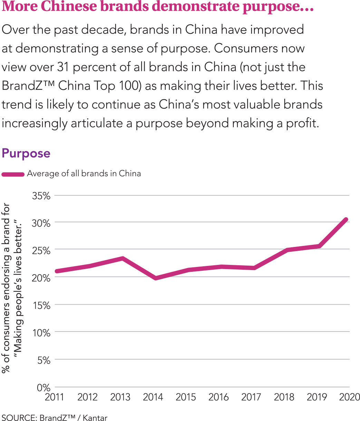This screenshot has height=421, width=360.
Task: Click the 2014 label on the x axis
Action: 153,397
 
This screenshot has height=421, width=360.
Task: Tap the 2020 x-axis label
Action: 350,397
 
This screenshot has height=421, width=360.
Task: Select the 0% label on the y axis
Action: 44,387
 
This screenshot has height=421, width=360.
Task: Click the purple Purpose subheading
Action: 26,153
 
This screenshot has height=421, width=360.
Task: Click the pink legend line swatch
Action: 13,174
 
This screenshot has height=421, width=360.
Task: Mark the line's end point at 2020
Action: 346,220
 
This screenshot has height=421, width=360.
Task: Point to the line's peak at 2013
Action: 122,258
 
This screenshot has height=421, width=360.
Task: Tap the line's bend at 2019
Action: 320,246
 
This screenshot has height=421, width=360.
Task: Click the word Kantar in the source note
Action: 95,418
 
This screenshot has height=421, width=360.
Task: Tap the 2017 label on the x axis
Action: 251,397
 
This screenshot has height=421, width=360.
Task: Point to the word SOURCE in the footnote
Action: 18,418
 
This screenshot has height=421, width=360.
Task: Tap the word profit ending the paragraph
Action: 300,123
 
